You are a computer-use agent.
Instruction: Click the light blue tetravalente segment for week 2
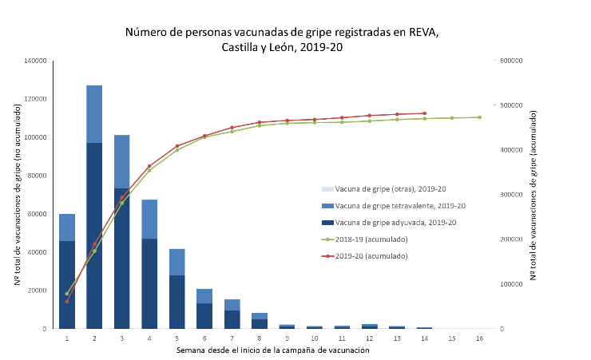click(x=94, y=113)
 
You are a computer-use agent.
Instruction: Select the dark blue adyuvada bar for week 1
click(x=67, y=284)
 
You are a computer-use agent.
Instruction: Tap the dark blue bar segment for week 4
click(x=149, y=283)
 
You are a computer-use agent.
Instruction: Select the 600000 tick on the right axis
click(x=510, y=61)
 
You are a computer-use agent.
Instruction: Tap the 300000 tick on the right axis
click(x=510, y=195)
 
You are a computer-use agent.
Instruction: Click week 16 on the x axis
click(x=480, y=338)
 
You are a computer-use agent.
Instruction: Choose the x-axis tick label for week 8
click(x=260, y=338)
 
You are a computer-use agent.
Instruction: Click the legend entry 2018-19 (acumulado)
click(x=371, y=239)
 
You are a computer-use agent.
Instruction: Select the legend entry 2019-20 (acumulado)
click(x=371, y=255)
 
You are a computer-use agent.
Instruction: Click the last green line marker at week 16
click(x=480, y=117)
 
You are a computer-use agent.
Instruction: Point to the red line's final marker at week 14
click(x=425, y=113)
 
